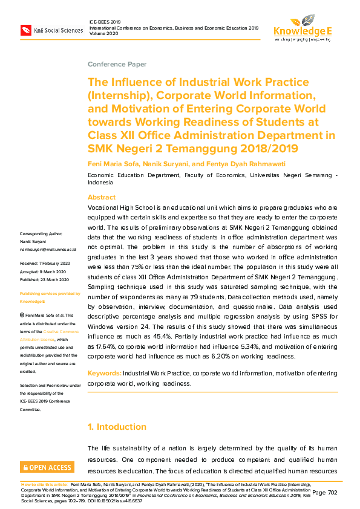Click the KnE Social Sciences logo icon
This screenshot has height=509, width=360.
point(25,30)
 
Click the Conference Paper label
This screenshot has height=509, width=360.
point(117,64)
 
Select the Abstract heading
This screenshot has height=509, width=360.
point(102,198)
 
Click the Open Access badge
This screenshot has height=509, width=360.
point(47,467)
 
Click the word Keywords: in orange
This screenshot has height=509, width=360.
point(104,374)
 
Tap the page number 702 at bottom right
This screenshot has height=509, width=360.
point(332,493)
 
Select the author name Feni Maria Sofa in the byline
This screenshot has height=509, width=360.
point(113,164)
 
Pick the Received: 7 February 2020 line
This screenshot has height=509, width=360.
point(45,264)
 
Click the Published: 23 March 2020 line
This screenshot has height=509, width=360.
point(45,279)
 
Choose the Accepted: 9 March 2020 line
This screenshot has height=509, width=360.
point(43,271)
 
